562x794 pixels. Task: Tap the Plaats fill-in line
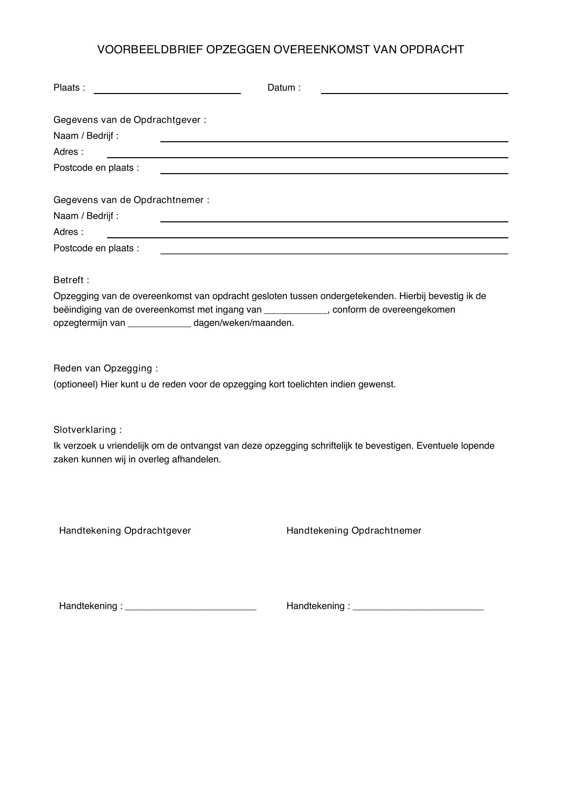[x=167, y=92]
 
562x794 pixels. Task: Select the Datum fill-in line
[x=414, y=92]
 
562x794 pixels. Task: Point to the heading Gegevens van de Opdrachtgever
[x=129, y=120]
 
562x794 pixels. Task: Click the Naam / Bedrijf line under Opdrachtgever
[x=334, y=141]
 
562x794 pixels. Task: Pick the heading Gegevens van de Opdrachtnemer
[x=131, y=200]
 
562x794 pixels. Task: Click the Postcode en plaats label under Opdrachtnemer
[x=96, y=248]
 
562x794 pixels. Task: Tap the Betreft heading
[x=71, y=280]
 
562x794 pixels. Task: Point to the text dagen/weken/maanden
[x=244, y=324]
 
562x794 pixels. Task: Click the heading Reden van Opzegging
[x=106, y=368]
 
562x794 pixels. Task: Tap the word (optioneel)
[x=76, y=385]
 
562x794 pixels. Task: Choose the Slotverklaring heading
[x=87, y=430]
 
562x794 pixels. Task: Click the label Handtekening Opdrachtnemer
[x=354, y=531]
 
